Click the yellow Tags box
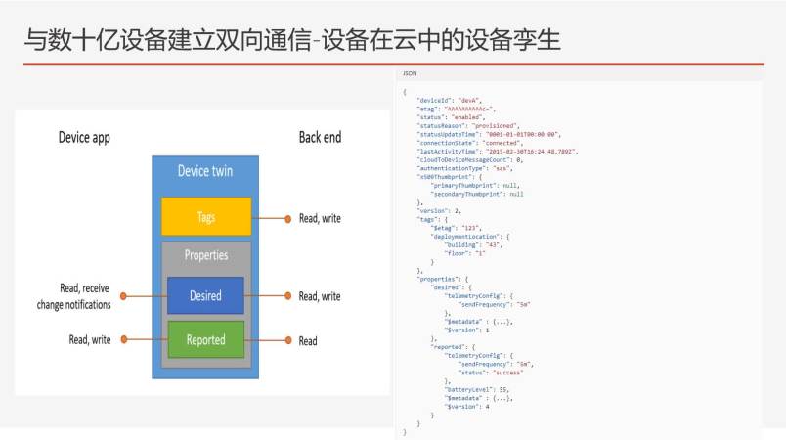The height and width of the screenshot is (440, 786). point(205,217)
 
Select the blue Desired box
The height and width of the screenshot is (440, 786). point(205,295)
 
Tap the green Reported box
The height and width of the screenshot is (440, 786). point(205,340)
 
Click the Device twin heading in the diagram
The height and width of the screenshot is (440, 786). point(205,171)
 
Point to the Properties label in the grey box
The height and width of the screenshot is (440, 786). point(205,255)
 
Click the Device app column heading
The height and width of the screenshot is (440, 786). point(84,138)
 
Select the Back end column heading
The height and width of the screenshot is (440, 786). point(320,138)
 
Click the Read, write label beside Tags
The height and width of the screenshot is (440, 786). point(320,218)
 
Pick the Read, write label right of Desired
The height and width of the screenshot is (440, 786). point(320,296)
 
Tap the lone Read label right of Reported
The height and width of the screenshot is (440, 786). point(308,341)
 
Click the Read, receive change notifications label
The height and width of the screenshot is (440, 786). point(84,296)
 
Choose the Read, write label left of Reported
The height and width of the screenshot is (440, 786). point(90,340)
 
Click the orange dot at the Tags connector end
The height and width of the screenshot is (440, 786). point(287,218)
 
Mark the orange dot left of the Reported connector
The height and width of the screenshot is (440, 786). point(123,340)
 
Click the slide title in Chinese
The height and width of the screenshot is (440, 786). point(292,41)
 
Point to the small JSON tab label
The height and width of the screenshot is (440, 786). point(409,74)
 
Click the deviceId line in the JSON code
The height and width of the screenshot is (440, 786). point(449,100)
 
